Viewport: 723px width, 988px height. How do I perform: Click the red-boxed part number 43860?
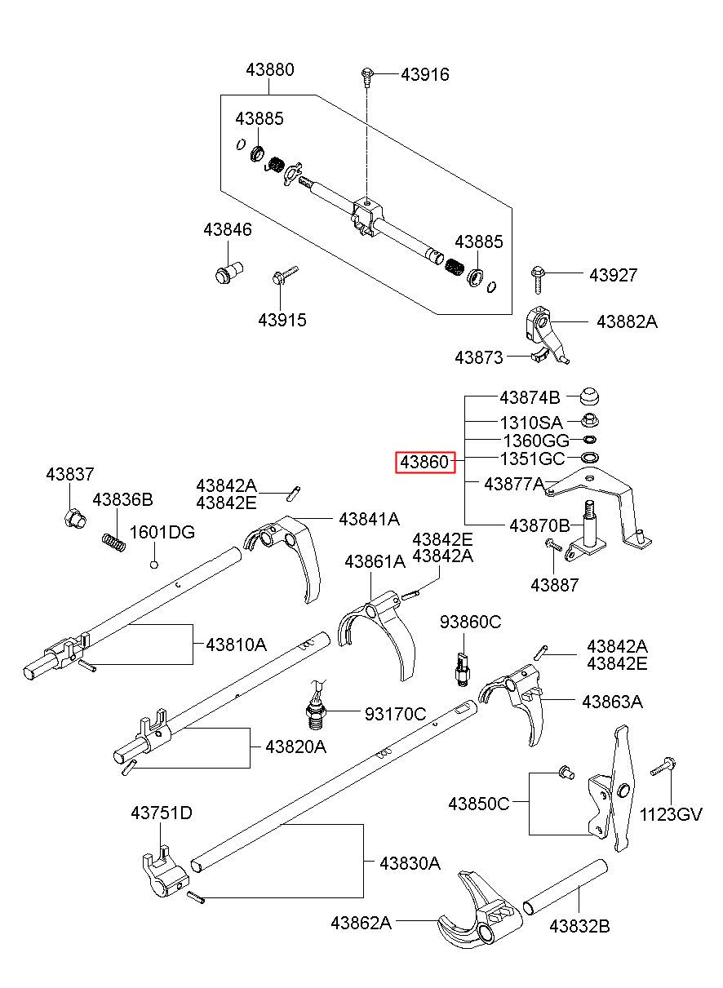tap(424, 462)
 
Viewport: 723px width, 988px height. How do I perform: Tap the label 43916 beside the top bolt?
tap(425, 74)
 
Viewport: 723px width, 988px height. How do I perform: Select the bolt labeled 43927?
tap(538, 279)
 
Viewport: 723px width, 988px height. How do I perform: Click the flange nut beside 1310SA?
tap(589, 420)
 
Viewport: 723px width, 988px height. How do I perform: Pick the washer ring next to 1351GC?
tap(590, 458)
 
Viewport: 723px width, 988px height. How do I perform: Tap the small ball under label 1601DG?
tap(153, 564)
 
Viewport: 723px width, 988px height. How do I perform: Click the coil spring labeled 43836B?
tap(113, 542)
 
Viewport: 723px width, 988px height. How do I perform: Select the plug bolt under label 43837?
tap(75, 518)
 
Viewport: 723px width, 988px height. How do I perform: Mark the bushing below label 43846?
tap(229, 272)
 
